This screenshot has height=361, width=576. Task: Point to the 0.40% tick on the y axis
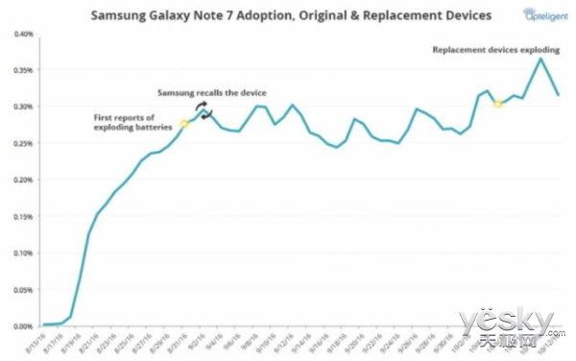pos(21,35)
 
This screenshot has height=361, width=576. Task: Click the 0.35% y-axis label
pos(21,71)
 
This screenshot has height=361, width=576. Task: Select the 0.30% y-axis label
pos(21,107)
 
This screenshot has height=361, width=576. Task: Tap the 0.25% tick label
pos(21,143)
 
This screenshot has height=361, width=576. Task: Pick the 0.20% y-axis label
pos(21,180)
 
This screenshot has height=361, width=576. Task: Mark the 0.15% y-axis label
pos(21,216)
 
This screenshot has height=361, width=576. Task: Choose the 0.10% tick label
pos(21,253)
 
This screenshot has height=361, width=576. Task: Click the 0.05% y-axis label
pos(21,289)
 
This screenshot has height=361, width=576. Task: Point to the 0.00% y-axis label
pos(21,325)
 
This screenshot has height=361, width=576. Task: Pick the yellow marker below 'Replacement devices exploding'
pos(497,103)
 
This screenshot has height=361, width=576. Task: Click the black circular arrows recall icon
pos(204,109)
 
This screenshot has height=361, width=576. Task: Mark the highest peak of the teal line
pos(541,59)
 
